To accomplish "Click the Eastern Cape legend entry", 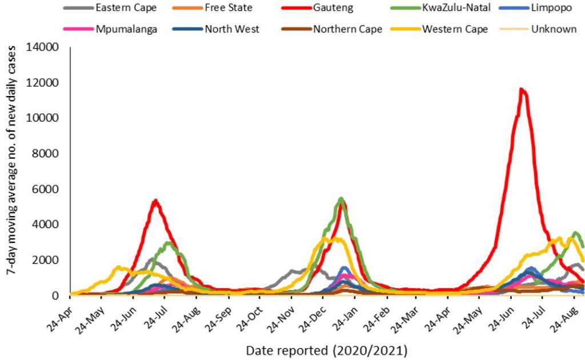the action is coord(110,7).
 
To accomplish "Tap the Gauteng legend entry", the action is coord(316,7).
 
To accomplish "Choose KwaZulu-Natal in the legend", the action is coord(441,7).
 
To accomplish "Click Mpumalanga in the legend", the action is coord(110,29).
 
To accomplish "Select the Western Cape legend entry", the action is coord(439,29).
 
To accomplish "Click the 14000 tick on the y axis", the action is coord(42,47).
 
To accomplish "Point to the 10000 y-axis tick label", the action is coord(42,118).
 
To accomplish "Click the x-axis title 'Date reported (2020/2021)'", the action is coord(327,351).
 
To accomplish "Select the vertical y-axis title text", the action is coord(11,161).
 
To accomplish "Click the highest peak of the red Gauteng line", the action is coord(522,89).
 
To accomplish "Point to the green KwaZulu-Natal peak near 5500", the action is coord(341,198).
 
